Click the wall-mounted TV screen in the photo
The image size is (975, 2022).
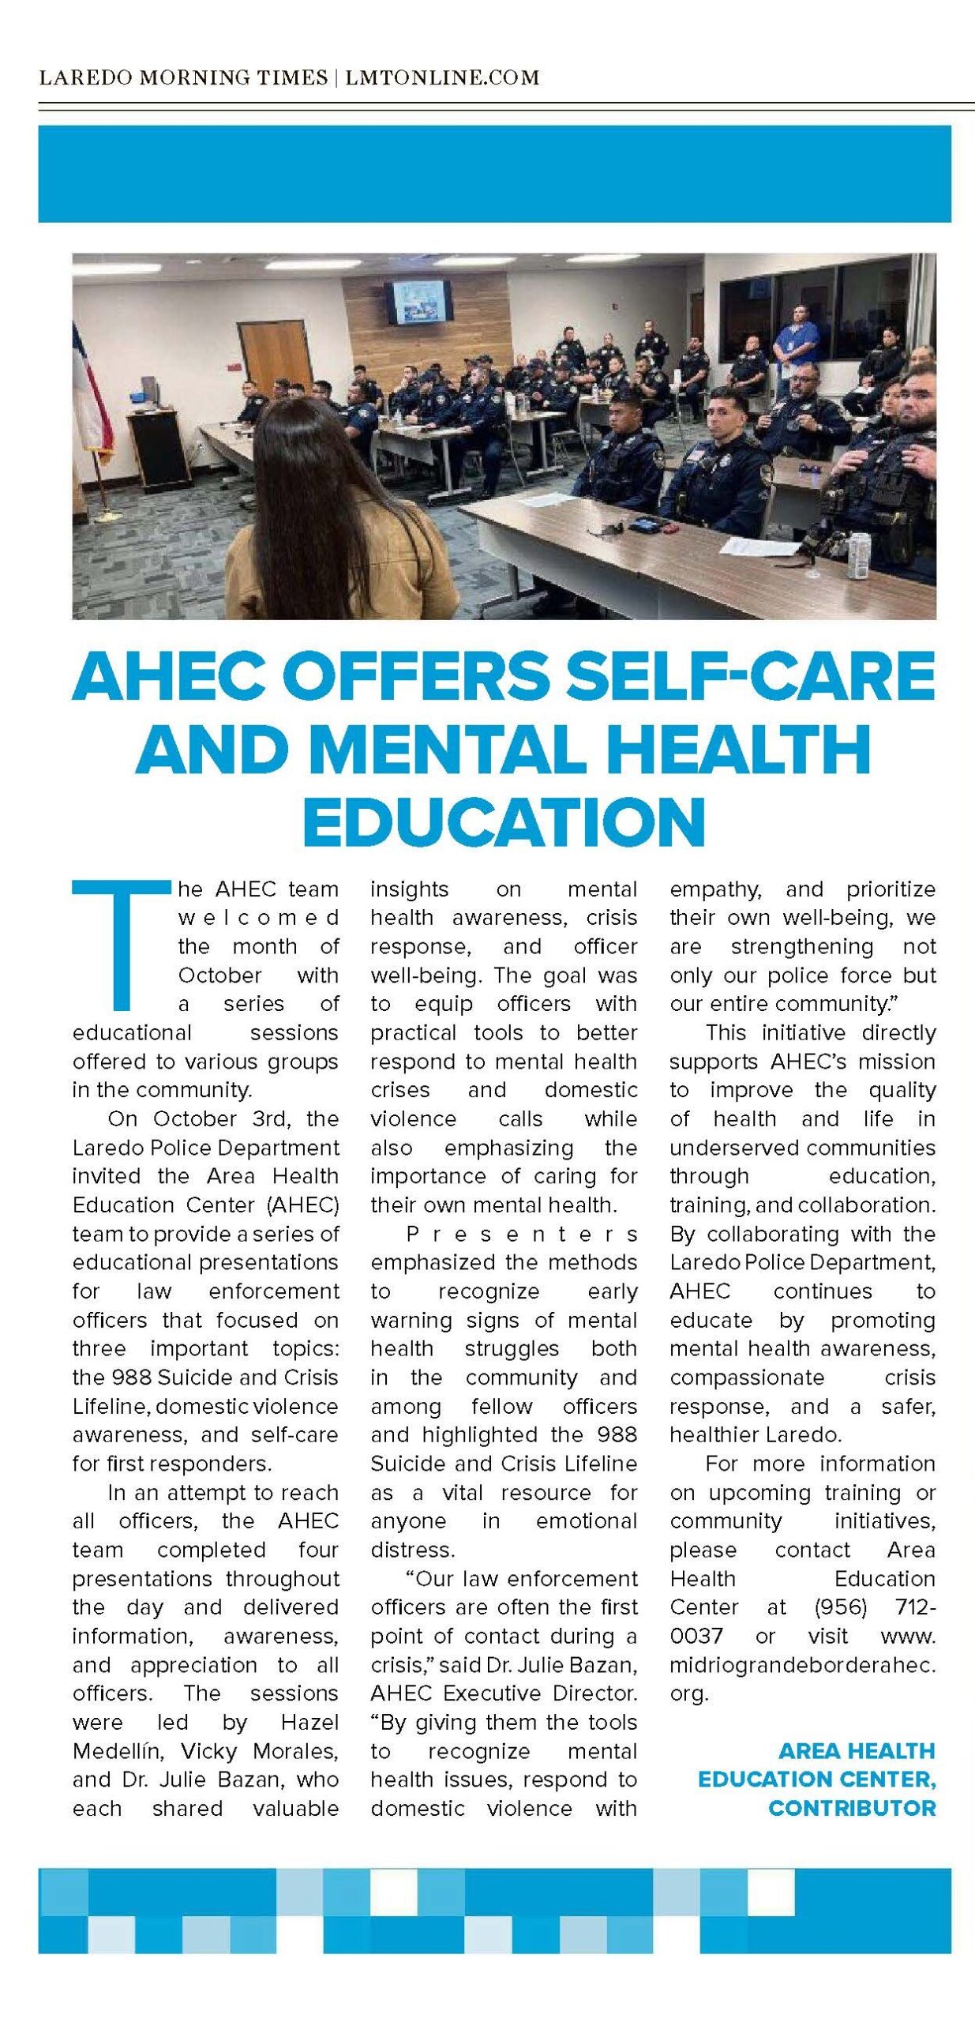(x=422, y=301)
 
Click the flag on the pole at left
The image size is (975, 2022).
(x=91, y=395)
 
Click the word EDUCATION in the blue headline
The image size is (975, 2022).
(x=503, y=821)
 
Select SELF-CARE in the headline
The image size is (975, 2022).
(x=750, y=676)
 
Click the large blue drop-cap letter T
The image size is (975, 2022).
(x=120, y=945)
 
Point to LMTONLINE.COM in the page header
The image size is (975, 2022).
(x=442, y=77)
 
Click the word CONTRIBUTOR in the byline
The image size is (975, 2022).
(x=852, y=1807)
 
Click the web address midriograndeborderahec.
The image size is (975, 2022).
(x=802, y=1664)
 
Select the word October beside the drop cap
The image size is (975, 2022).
(x=219, y=975)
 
